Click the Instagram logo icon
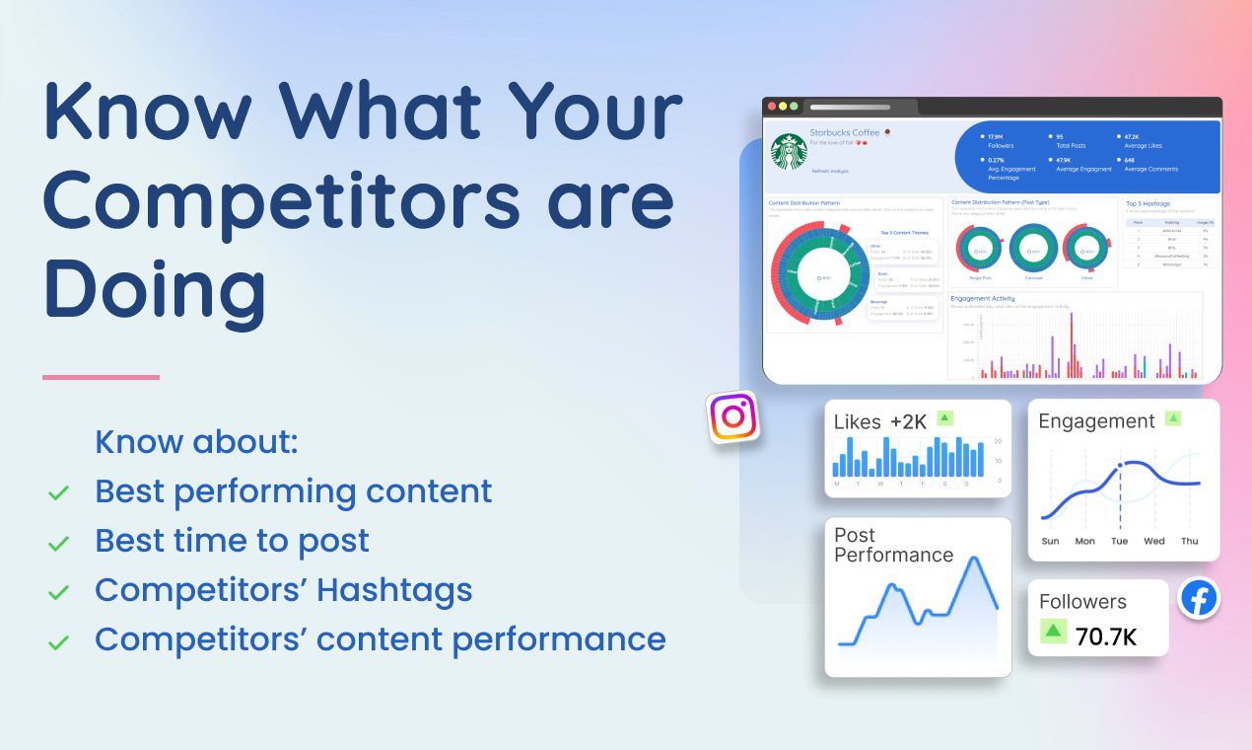[732, 416]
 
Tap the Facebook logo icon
[1199, 599]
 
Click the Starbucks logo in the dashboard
[789, 153]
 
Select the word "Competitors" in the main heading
[280, 200]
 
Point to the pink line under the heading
[101, 377]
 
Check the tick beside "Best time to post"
[59, 543]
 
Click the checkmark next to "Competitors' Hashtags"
[59, 592]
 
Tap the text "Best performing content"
[293, 491]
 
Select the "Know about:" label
[196, 442]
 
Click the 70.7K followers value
[1105, 637]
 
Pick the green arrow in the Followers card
[1054, 631]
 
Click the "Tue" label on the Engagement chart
[1119, 541]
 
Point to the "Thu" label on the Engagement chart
[1190, 541]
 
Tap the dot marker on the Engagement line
[1120, 465]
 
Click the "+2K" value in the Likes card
[908, 421]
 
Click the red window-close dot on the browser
[771, 106]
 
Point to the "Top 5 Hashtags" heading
[1148, 203]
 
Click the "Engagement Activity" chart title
[982, 297]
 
